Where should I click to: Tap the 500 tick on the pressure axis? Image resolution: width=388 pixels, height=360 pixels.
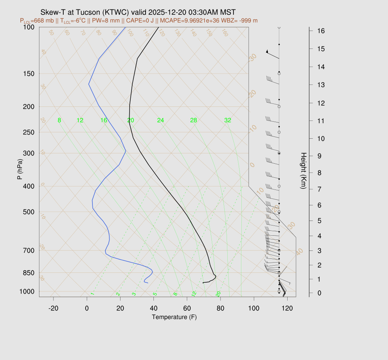click(x=28, y=212)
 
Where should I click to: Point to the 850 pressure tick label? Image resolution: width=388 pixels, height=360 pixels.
click(x=28, y=273)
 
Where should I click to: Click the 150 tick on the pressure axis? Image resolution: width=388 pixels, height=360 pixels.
click(x=28, y=74)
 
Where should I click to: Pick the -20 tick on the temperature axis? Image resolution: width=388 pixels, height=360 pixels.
click(x=53, y=308)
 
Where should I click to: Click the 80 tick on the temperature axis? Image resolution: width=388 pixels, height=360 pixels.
click(x=221, y=308)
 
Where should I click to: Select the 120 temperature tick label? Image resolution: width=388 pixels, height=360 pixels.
click(x=287, y=308)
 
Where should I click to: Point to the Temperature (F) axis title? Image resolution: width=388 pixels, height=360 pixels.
click(x=174, y=317)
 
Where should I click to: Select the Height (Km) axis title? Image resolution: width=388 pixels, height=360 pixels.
click(x=303, y=171)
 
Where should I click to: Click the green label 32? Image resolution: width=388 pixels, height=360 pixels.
click(x=228, y=121)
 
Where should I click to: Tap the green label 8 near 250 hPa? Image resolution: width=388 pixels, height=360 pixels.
click(x=59, y=121)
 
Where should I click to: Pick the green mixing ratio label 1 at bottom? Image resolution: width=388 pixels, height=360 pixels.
click(x=92, y=294)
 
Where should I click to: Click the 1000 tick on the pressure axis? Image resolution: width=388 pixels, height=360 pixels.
click(x=27, y=291)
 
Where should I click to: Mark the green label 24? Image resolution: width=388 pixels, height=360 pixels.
click(x=161, y=121)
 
